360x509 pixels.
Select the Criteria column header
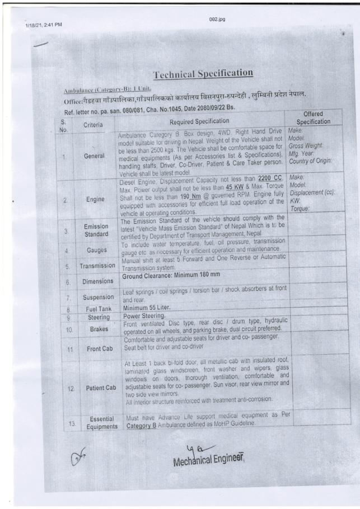click(x=96, y=125)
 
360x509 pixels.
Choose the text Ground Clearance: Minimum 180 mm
click(x=179, y=275)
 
